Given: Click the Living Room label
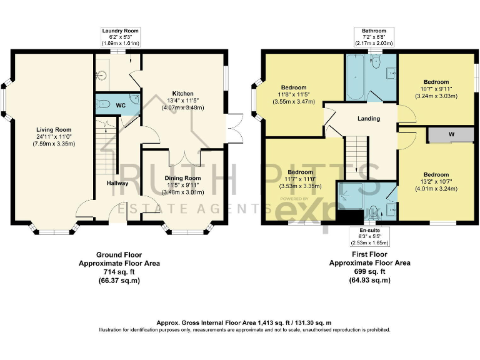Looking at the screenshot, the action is [x=54, y=130].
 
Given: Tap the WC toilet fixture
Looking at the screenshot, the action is [x=103, y=104].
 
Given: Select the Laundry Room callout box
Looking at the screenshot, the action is [x=120, y=37].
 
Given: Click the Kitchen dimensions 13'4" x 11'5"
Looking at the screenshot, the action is [x=182, y=101].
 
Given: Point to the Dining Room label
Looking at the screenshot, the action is [x=182, y=178].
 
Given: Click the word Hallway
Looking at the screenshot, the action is [x=117, y=183].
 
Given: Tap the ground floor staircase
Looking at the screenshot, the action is [x=106, y=147].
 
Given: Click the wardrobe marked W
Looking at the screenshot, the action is [x=451, y=134].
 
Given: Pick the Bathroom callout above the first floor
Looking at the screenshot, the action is [x=374, y=37].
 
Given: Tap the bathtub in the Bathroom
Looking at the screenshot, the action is [x=355, y=77].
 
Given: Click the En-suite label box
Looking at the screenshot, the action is [x=370, y=236].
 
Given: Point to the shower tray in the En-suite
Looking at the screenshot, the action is [x=351, y=196].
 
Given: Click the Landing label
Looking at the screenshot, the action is [x=369, y=119].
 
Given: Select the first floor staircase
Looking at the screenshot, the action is [x=357, y=158].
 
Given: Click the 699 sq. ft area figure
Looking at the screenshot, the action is [x=370, y=271].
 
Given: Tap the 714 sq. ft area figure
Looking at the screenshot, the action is [x=119, y=272].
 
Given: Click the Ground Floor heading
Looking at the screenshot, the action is [x=119, y=255].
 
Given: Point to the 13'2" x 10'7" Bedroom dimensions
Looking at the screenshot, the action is [x=436, y=182].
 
